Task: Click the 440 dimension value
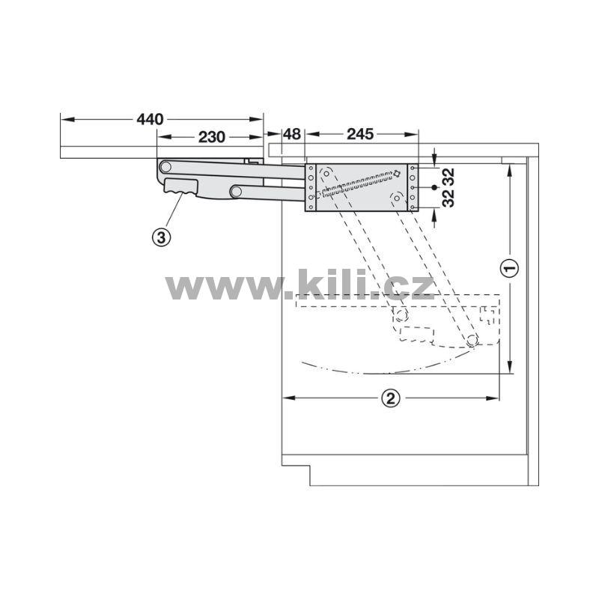coord(150,120)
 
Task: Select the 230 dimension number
coord(212,137)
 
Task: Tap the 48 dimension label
coord(292,134)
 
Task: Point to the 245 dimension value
coord(360,134)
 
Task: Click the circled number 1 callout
coord(510,268)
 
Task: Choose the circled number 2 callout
coord(390,398)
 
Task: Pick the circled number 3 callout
coord(162,237)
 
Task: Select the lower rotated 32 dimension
coord(448,198)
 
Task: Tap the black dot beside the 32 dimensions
coord(434,188)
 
